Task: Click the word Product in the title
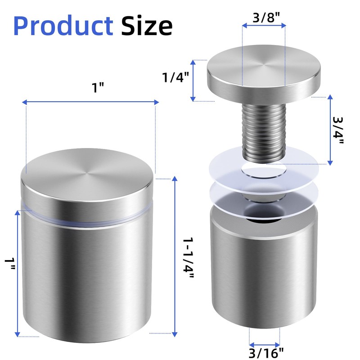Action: click(63, 26)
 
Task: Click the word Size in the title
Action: click(147, 26)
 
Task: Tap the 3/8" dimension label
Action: click(266, 18)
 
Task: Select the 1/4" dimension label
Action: click(175, 77)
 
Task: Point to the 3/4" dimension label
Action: click(338, 130)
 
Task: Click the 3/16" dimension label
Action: click(266, 353)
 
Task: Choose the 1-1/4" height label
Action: click(188, 258)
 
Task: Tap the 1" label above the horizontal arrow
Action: click(98, 88)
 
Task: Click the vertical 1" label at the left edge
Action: click(10, 264)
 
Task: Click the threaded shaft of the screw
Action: click(264, 132)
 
